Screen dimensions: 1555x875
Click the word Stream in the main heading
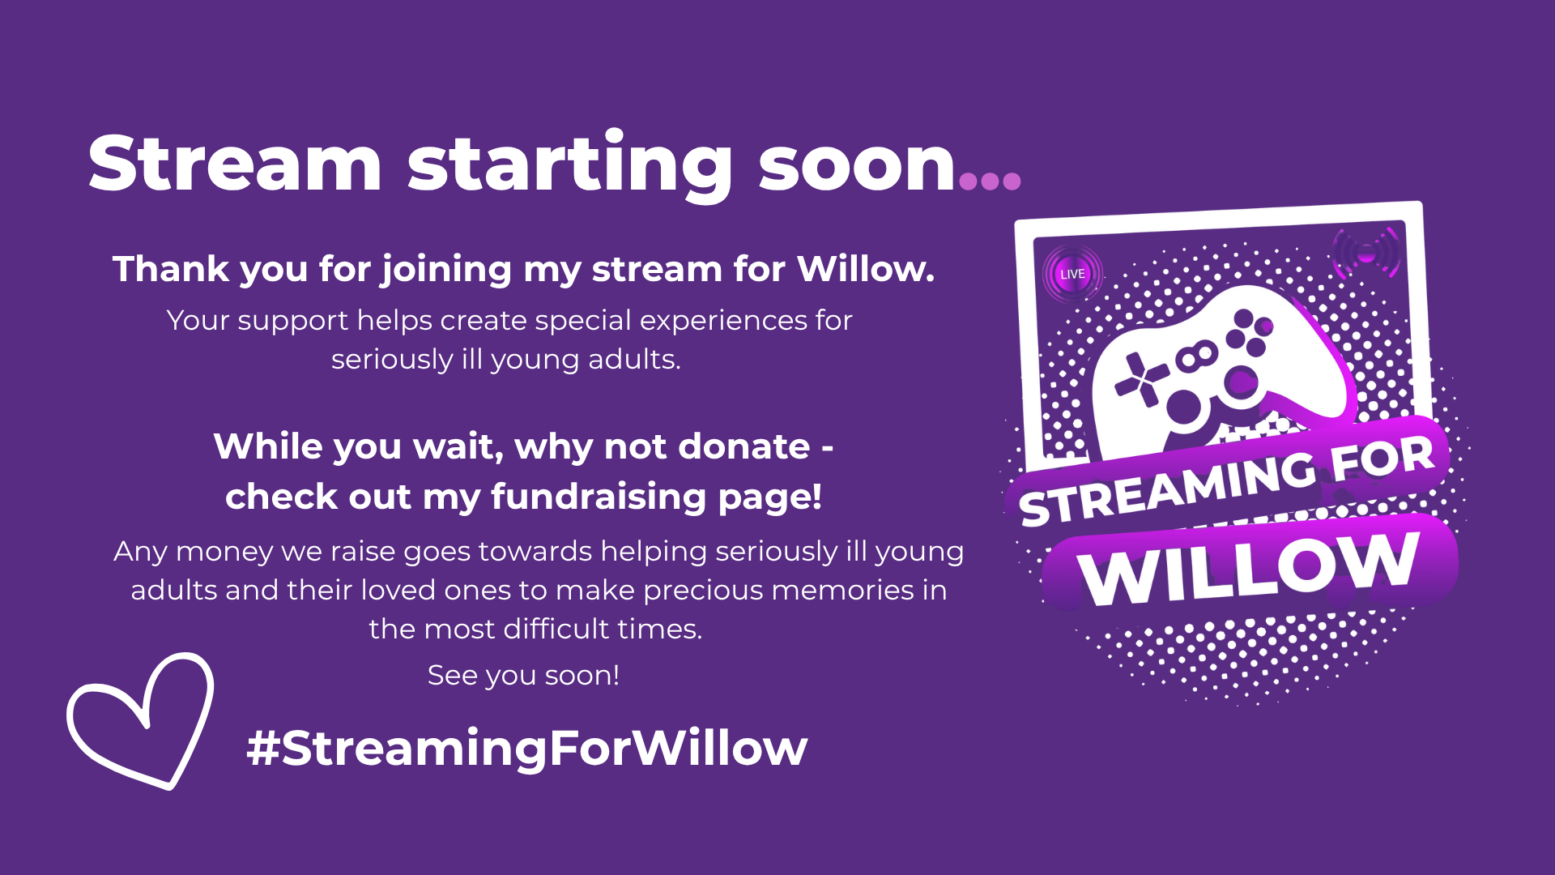coord(235,163)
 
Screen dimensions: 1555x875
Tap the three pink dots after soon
coord(990,180)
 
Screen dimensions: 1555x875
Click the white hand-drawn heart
coord(141,720)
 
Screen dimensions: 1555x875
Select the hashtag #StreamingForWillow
coord(527,747)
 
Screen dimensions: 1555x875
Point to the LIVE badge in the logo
coord(1072,274)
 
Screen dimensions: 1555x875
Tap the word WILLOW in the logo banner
coord(1250,567)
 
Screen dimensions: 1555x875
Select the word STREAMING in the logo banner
coord(1166,487)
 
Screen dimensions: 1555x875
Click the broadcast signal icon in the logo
coord(1366,254)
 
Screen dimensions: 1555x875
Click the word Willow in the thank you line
coord(865,269)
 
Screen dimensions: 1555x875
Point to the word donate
coord(743,446)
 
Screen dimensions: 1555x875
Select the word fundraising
coord(599,497)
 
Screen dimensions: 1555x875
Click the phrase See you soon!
coord(523,675)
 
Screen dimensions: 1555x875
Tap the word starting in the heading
coord(570,165)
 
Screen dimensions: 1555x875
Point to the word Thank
coord(171,269)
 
